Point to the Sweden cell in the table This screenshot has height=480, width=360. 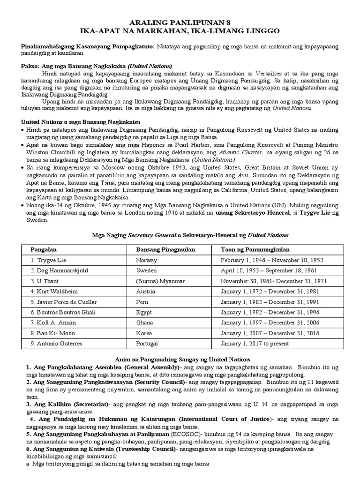(147, 271)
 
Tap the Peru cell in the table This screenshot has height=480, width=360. (143, 302)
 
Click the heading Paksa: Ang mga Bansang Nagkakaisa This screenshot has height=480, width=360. (97, 66)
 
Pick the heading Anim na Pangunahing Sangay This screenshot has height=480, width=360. (180, 359)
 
